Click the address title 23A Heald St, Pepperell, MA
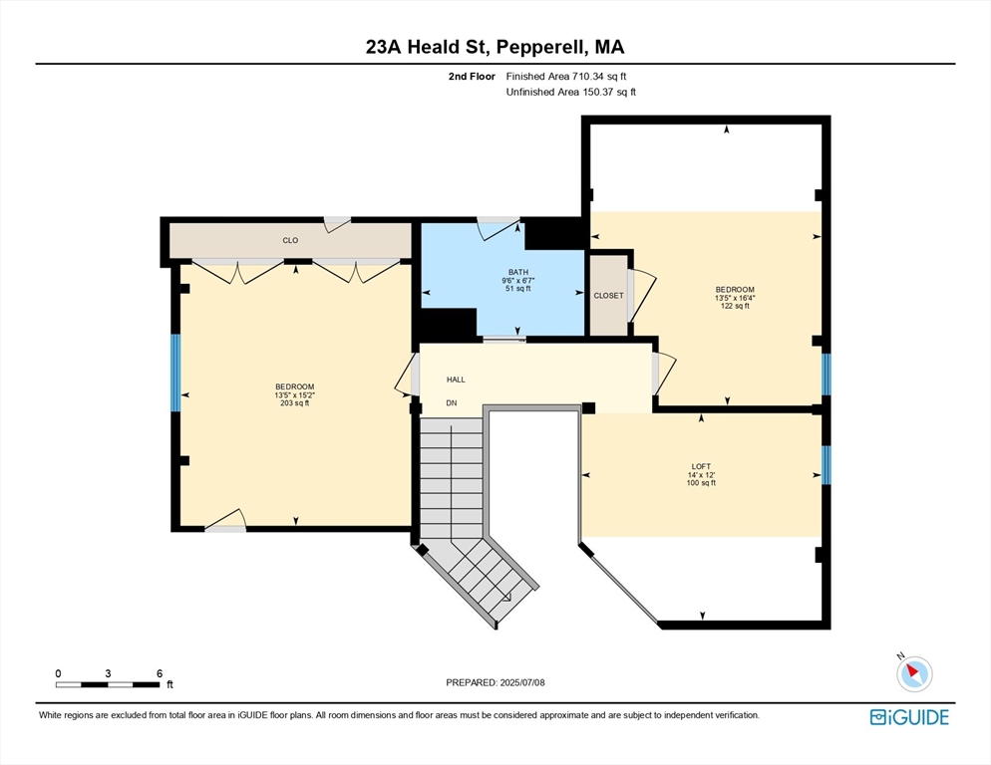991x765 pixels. [495, 47]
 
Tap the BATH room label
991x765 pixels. [518, 272]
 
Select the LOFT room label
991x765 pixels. [702, 465]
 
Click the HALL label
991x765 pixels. [456, 380]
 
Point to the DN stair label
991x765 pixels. [452, 403]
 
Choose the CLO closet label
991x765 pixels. [290, 240]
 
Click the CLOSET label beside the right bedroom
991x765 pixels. [608, 296]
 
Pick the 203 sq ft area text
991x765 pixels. [295, 403]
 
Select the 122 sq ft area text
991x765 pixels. [734, 306]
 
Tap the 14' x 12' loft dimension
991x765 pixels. [702, 474]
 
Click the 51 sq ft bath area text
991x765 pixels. [518, 289]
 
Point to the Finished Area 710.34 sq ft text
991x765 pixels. [566, 76]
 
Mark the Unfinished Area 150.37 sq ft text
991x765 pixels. [570, 92]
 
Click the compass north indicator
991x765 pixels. [913, 673]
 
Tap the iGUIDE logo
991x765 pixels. [908, 717]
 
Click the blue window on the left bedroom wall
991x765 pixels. [175, 373]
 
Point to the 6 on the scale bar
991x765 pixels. [160, 673]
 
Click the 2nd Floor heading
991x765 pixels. [472, 76]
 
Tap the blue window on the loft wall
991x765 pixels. [826, 464]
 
